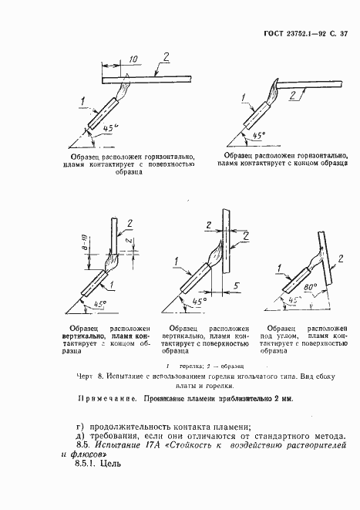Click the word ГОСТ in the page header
[x=267, y=33]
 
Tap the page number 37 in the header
[x=344, y=33]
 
